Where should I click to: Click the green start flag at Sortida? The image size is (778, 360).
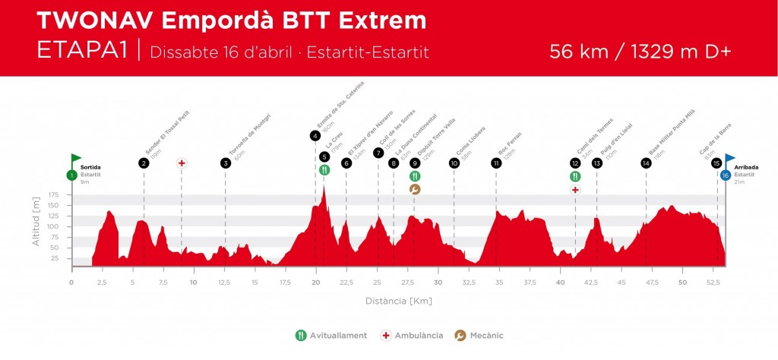point(75,159)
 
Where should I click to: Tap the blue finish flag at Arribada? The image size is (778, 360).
point(729,159)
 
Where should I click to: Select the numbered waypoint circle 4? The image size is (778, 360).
point(315,136)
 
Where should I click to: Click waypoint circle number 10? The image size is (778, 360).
point(454,163)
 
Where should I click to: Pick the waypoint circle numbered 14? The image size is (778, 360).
point(646,163)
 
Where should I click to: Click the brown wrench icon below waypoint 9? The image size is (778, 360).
point(415,189)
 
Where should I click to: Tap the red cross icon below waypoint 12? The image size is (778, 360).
point(575,189)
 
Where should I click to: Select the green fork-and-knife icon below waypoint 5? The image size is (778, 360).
point(324,170)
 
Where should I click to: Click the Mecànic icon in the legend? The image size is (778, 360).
point(460,335)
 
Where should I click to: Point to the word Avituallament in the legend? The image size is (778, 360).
point(340,335)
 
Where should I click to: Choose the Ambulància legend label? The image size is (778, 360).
point(419,335)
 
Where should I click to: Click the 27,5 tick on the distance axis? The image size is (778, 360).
point(408,282)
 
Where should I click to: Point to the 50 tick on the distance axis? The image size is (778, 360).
point(683,282)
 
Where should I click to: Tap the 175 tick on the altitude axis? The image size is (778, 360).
point(53,195)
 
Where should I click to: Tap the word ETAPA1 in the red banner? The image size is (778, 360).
point(82,52)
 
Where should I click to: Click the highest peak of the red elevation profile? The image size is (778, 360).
point(324,187)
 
